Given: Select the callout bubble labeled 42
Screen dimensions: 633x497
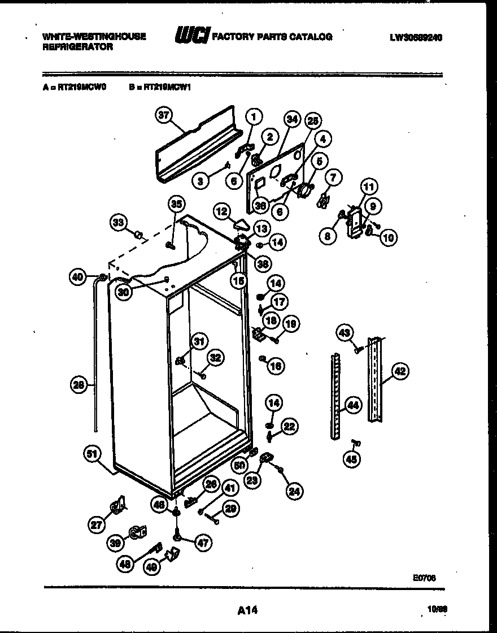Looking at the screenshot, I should [x=399, y=371].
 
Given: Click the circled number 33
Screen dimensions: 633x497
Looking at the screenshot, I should [x=117, y=222].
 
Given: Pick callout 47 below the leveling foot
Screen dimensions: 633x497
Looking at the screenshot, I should [x=202, y=543].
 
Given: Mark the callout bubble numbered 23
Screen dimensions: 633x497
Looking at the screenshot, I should [x=252, y=480].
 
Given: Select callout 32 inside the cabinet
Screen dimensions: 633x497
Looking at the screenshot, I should [x=215, y=357].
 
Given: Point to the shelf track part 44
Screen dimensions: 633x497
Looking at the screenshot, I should [x=337, y=396].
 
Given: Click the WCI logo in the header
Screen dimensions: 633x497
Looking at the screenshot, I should [x=193, y=37].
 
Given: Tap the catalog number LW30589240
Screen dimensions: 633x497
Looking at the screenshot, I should [x=416, y=38].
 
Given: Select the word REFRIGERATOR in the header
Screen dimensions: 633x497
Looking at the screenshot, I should [x=78, y=47].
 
